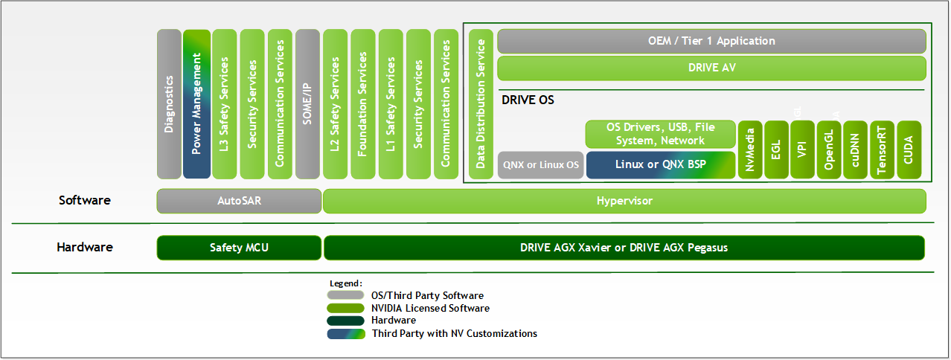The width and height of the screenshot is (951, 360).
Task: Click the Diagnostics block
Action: [169, 104]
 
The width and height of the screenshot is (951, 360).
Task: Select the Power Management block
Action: [197, 104]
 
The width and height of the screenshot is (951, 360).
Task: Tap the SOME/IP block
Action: [307, 104]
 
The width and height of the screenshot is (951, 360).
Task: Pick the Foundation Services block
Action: [362, 104]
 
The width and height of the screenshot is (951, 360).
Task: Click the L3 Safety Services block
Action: [225, 104]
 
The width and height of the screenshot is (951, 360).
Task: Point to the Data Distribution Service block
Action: [481, 104]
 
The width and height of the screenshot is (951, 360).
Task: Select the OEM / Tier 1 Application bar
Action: [711, 41]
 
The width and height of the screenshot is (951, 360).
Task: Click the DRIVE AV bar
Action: [711, 68]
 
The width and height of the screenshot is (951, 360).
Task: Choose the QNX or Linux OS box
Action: [541, 164]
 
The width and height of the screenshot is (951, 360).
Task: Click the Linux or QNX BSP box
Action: [661, 164]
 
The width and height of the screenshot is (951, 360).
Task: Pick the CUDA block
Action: [909, 150]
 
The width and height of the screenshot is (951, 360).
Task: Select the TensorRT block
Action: [882, 150]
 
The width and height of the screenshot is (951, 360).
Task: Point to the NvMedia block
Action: [749, 150]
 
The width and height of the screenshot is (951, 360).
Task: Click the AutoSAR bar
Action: [239, 201]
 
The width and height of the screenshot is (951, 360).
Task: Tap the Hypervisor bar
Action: [624, 201]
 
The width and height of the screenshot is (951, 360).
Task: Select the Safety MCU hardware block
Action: [239, 248]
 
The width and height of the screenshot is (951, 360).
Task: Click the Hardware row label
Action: [85, 248]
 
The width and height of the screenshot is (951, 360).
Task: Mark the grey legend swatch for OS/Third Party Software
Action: [345, 295]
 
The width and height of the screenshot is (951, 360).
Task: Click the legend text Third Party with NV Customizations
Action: [454, 333]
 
